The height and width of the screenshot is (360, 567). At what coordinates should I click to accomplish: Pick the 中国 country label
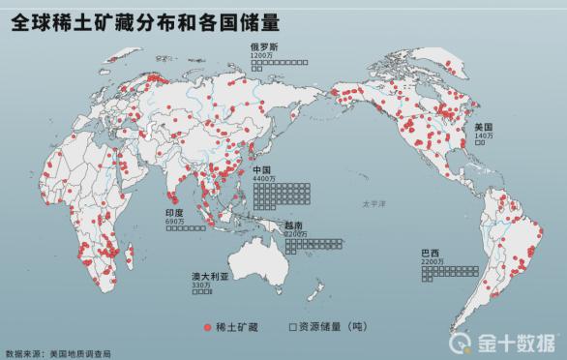pos(262,169)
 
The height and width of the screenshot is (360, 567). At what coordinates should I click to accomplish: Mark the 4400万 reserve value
pos(265,179)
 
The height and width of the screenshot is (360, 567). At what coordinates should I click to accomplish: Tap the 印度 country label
pos(174,213)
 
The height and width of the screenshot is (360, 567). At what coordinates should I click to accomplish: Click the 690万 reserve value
pos(174,222)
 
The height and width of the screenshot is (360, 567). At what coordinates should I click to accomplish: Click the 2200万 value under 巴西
pos(433,261)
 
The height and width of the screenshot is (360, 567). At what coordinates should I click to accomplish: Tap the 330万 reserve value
pos(201,285)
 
